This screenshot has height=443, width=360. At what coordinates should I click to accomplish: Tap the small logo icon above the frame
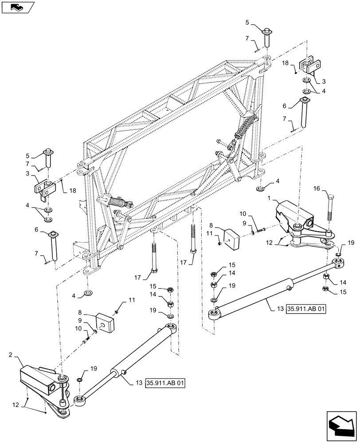point(16,7)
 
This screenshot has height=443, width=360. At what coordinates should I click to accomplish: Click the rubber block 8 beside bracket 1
point(233,239)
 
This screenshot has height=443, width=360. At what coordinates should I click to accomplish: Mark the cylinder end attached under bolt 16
point(339,265)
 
